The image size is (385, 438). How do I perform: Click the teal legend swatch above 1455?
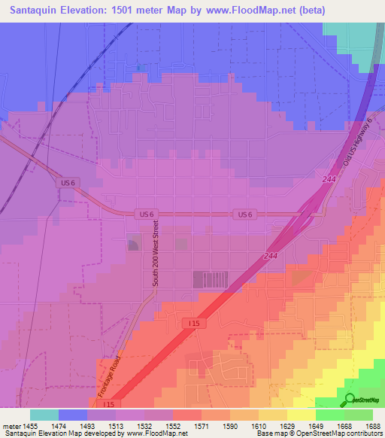(44, 414)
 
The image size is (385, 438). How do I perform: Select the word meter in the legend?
(12, 425)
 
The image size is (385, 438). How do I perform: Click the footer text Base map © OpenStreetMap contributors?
(318, 433)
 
